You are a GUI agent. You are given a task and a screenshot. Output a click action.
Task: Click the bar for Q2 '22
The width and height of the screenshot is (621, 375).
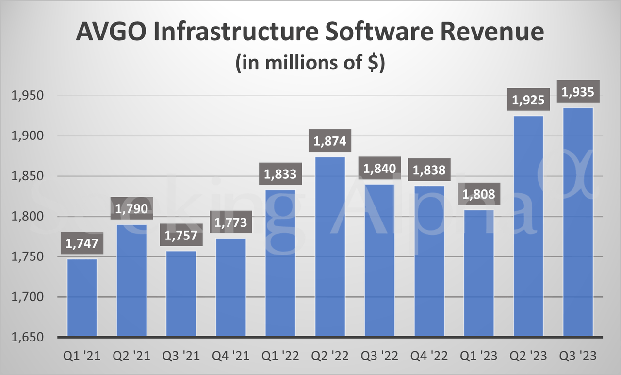330,248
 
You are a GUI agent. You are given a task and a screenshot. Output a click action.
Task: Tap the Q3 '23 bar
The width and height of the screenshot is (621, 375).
578,223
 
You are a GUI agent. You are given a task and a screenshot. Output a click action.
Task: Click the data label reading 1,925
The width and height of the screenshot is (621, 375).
528,101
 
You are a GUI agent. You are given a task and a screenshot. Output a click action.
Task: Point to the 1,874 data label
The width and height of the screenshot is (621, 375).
330,142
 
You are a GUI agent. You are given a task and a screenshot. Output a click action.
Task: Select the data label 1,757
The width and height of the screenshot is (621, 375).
181,236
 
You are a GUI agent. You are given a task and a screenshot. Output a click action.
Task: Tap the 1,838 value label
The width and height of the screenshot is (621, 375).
429,170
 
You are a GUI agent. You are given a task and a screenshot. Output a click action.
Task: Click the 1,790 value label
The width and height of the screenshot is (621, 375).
131,209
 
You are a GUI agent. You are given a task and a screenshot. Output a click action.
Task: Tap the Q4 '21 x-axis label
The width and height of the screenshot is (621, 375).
231,357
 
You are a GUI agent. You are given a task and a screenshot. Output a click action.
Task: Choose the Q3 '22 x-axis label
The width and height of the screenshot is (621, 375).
379,357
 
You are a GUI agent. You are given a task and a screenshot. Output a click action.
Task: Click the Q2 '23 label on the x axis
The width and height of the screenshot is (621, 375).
528,357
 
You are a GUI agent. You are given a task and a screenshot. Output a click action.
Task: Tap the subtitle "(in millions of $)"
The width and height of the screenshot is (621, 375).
310,64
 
